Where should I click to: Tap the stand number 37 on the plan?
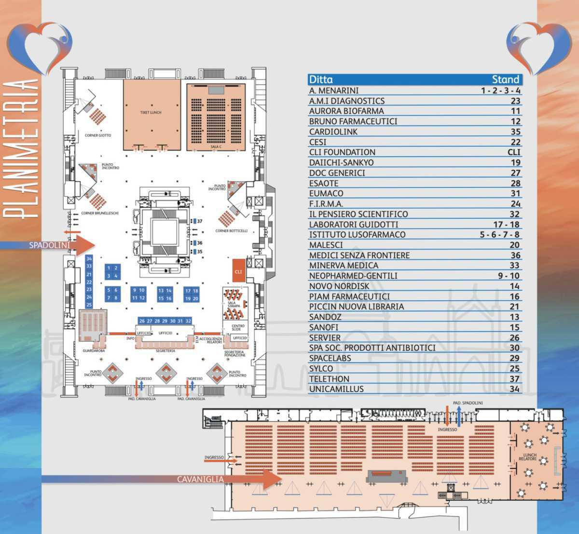pos(199,221)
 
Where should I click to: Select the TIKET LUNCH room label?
pos(151,112)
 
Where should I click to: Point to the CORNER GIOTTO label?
pos(98,135)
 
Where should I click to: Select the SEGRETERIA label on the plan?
pos(165,351)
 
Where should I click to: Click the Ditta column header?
pos(321,80)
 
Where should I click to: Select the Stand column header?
pos(505,80)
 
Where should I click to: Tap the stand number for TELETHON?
pos(515,379)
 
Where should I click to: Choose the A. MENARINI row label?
pos(334,91)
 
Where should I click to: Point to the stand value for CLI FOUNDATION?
pos(514,152)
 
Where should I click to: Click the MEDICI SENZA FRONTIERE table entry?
pos(359,255)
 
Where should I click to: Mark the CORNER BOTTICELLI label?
pos(232,231)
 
